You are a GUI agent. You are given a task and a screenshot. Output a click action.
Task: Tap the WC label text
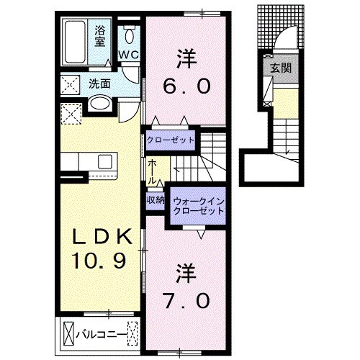pyautogui.click(x=128, y=55)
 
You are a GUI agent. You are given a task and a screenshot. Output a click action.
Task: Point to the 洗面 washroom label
pyautogui.click(x=99, y=84)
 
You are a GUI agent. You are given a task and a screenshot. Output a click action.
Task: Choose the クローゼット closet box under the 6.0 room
pyautogui.click(x=171, y=139)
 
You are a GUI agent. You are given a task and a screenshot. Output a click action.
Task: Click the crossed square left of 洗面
pyautogui.click(x=71, y=84)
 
